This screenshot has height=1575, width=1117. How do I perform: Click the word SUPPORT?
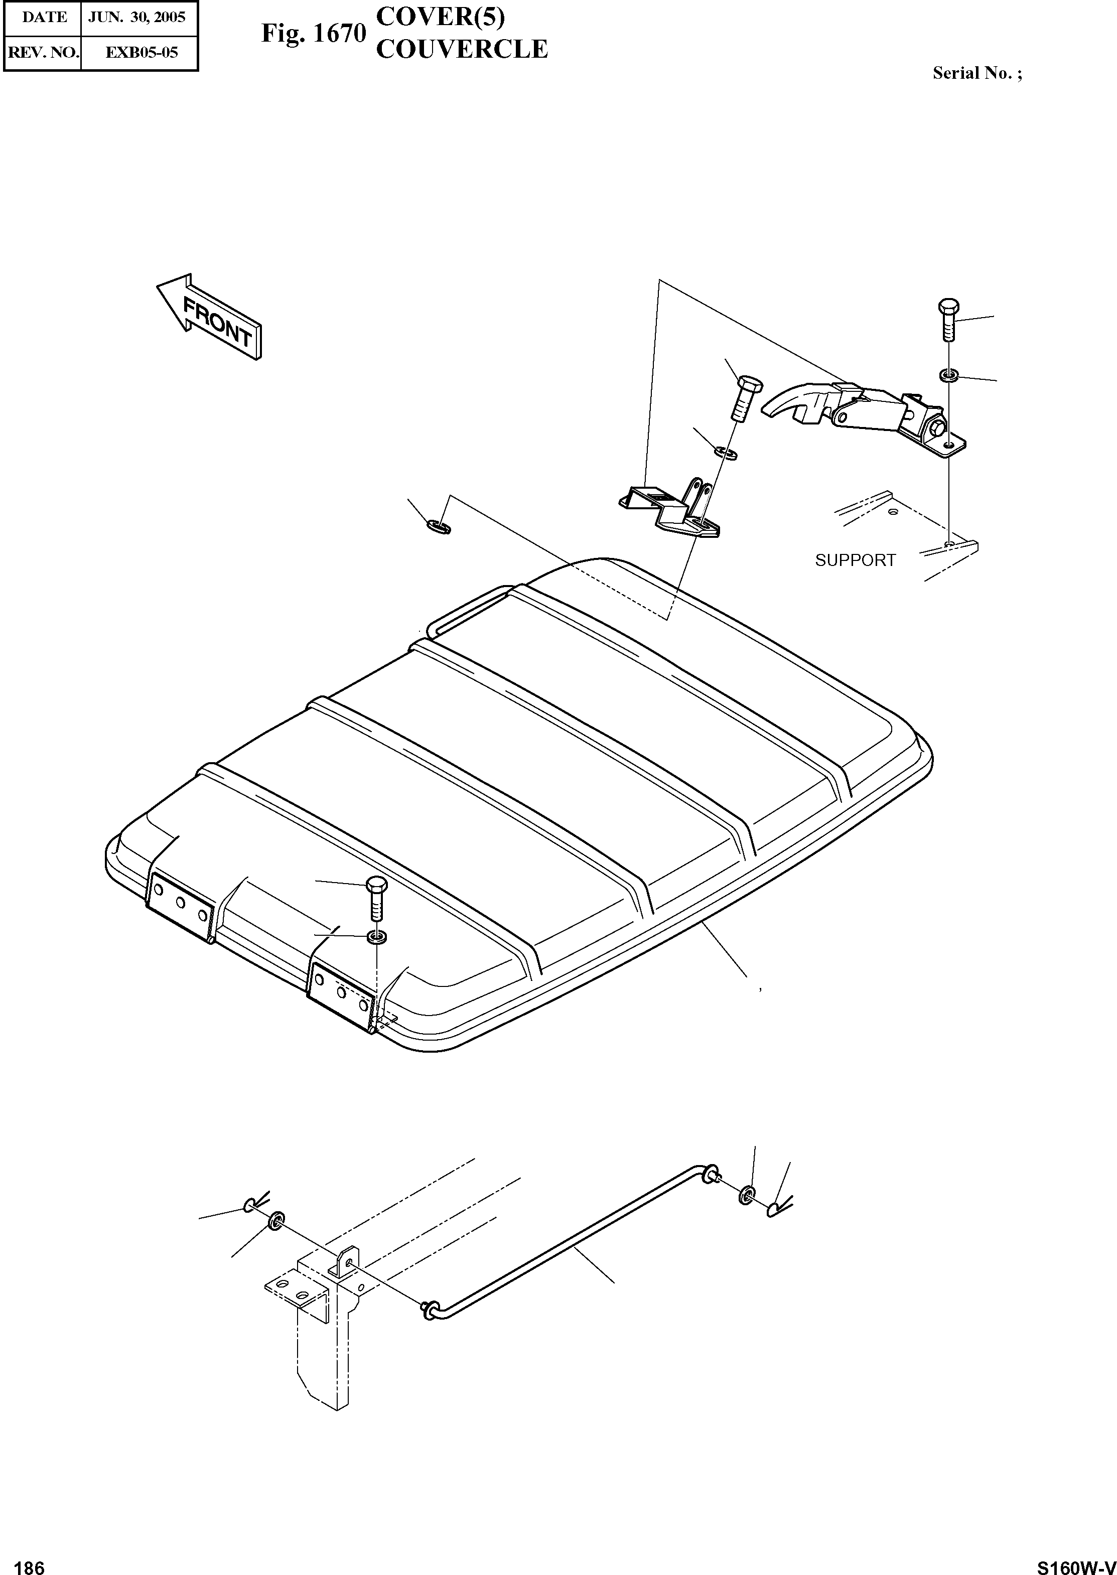pos(855,560)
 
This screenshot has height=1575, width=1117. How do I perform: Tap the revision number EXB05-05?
pos(141,52)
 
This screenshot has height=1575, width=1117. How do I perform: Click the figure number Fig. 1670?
pos(313,33)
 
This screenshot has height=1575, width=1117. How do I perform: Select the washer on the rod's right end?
pos(747,1195)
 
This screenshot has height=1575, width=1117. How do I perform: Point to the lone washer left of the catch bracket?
pos(438,527)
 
